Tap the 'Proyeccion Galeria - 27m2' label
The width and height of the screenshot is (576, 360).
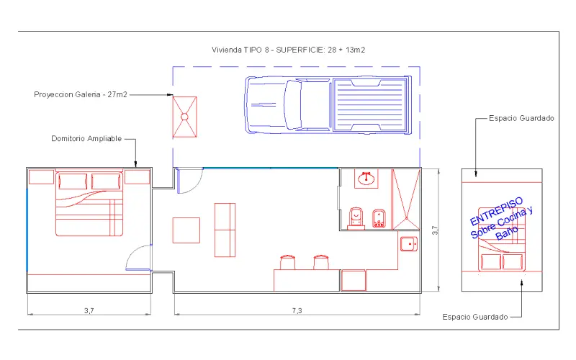point(81,94)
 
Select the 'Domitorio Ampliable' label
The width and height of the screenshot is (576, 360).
point(86,138)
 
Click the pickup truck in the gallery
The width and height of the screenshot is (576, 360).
point(328,104)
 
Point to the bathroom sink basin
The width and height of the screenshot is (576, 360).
point(366,179)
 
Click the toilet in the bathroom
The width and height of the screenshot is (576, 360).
point(356,218)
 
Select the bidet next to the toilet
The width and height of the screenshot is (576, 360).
point(379,218)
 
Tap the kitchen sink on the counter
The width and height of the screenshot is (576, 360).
point(409,243)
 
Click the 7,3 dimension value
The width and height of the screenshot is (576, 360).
point(297,311)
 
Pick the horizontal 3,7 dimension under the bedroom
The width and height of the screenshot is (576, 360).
point(89,311)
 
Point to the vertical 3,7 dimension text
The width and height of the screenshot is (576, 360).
point(436,230)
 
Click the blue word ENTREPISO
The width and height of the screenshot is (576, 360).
point(496,211)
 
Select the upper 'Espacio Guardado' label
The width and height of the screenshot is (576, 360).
point(521,118)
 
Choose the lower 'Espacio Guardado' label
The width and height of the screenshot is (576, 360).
point(475,317)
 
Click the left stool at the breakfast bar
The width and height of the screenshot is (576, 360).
point(287,262)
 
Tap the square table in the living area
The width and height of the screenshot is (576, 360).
point(186,230)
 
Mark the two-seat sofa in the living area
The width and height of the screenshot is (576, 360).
point(225,230)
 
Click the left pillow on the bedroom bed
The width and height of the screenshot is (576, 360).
point(73,181)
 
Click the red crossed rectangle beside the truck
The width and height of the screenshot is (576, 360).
point(185,117)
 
